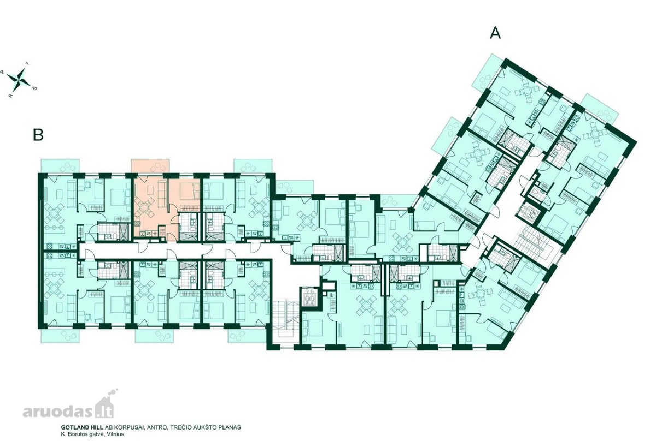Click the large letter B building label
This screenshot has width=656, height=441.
[x=38, y=135]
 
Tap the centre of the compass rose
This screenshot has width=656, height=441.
[x=20, y=79]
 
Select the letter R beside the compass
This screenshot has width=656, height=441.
[x=11, y=95]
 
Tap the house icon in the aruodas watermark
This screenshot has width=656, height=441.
[x=107, y=407]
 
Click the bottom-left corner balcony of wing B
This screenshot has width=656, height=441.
[x=60, y=336]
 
